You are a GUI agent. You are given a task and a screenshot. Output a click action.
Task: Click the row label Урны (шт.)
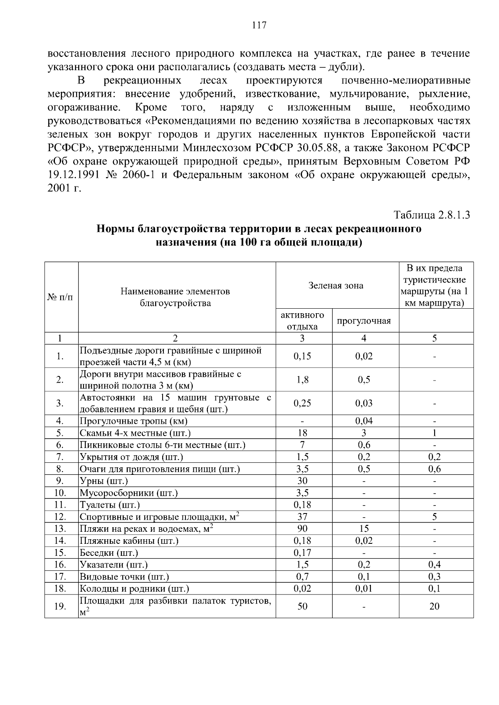(x=104, y=481)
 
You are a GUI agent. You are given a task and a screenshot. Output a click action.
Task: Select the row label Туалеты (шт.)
(x=110, y=505)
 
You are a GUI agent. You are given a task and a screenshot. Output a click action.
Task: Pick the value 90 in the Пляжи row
(x=302, y=529)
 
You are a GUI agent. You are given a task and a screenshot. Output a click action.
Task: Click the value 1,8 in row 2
(x=302, y=380)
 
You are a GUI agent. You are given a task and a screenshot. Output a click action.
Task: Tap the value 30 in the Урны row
(x=302, y=481)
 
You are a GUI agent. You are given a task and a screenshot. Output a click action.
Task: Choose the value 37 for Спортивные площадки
(x=302, y=517)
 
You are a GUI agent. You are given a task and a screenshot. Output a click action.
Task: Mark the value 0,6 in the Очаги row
(x=434, y=469)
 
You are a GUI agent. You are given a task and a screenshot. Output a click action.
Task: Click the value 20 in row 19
(x=434, y=607)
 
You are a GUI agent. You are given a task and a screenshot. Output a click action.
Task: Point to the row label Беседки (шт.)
(x=109, y=553)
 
